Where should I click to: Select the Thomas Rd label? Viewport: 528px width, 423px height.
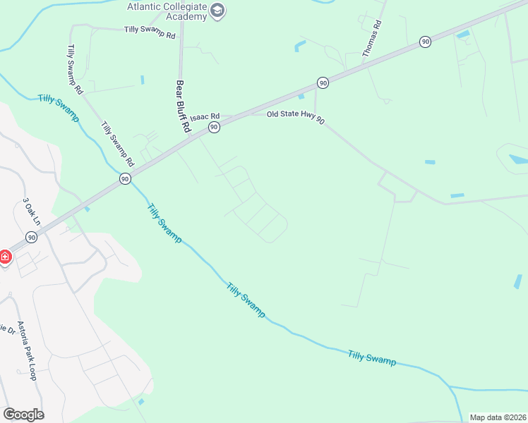click(x=372, y=38)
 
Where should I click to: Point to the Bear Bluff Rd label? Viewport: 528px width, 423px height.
click(x=182, y=106)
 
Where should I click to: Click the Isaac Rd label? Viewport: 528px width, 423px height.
click(x=205, y=116)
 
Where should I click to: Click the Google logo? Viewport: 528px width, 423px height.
click(x=23, y=414)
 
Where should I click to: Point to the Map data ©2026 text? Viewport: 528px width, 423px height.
click(x=498, y=417)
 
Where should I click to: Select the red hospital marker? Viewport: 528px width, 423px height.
click(x=4, y=256)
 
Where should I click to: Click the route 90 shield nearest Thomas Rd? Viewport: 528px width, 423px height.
click(x=424, y=42)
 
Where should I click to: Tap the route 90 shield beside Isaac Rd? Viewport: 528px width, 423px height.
click(x=214, y=128)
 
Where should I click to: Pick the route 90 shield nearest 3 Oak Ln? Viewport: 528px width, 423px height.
click(x=31, y=237)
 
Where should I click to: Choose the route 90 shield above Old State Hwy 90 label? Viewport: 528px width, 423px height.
click(x=323, y=82)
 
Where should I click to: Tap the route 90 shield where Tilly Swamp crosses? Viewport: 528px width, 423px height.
click(x=125, y=180)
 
